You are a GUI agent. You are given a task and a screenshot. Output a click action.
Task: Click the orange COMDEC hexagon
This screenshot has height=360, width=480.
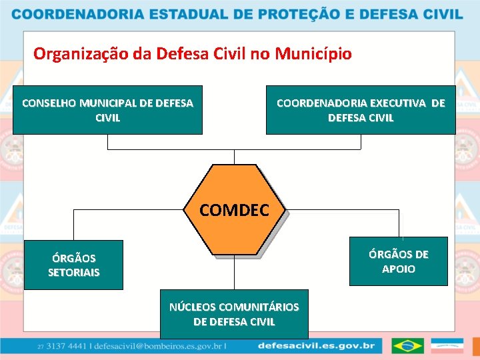(x=234, y=210)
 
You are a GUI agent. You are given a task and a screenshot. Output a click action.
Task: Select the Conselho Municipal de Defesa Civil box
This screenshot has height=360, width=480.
(x=107, y=110)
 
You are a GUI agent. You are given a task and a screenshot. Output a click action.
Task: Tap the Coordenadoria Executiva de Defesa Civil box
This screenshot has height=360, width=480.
(x=361, y=110)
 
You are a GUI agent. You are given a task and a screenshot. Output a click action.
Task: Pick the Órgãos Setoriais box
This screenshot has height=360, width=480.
(x=73, y=265)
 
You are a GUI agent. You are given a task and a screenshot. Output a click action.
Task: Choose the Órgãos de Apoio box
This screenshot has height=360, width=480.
(x=398, y=261)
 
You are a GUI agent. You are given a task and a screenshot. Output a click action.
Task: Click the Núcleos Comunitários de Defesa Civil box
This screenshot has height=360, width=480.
(x=234, y=314)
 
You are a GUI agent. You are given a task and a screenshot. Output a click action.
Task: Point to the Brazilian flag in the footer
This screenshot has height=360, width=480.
(x=407, y=346)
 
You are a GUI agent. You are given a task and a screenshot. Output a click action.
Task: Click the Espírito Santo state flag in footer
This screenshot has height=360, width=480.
(x=447, y=346)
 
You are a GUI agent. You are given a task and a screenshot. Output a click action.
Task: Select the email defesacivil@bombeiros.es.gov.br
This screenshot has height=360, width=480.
(x=159, y=347)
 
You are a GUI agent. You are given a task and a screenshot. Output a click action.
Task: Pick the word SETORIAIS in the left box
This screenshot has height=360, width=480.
(x=73, y=272)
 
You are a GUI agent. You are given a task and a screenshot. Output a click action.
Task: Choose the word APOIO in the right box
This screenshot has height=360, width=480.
(x=398, y=269)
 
